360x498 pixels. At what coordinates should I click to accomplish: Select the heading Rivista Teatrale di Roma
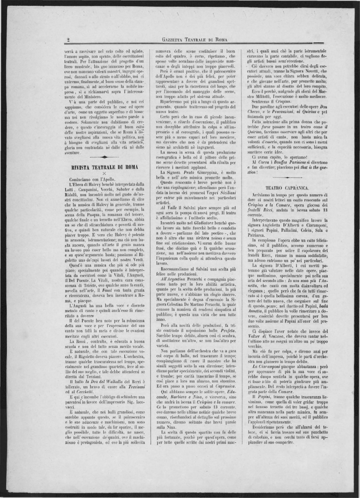[105, 167]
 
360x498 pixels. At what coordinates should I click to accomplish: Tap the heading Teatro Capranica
[287, 187]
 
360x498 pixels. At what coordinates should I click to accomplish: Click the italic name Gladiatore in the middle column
[201, 223]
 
